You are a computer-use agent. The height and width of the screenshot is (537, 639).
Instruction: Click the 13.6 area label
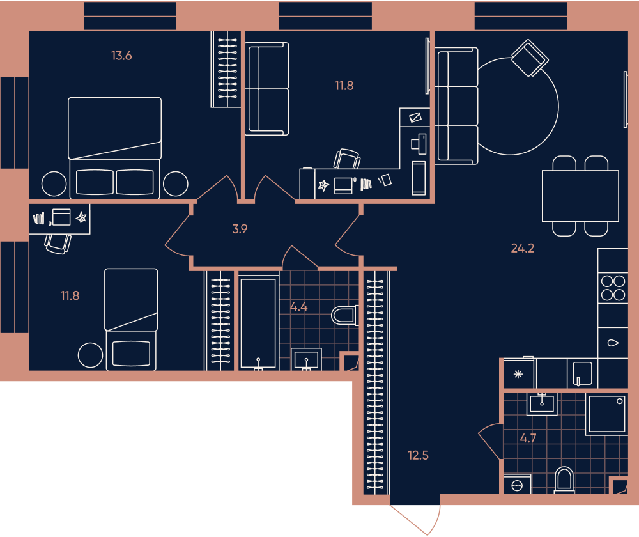click(121, 56)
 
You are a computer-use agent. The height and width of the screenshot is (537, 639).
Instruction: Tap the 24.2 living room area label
click(523, 248)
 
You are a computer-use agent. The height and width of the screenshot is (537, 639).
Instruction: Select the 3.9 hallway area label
click(240, 229)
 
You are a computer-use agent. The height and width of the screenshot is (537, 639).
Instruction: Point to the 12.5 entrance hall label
click(418, 455)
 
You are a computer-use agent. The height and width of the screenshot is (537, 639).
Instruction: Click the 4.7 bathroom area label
click(528, 439)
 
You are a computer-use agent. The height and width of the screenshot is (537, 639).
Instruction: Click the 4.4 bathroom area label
click(298, 307)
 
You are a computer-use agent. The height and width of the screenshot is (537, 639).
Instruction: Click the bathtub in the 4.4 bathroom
click(258, 323)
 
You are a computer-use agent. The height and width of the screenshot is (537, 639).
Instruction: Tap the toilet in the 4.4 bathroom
click(345, 315)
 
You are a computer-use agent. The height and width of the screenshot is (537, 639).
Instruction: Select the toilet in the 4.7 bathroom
click(564, 480)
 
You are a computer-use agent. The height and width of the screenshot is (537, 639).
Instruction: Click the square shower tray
click(606, 414)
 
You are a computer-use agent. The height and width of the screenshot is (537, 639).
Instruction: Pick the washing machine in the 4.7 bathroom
click(517, 484)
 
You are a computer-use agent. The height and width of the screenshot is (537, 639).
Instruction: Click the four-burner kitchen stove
click(613, 288)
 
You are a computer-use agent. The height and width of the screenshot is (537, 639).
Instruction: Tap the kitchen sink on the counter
click(583, 373)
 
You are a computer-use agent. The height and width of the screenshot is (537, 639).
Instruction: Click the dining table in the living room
click(580, 196)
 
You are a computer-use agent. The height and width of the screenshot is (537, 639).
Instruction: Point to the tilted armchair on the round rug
click(530, 58)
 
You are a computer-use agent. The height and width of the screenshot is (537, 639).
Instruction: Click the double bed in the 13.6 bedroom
click(114, 148)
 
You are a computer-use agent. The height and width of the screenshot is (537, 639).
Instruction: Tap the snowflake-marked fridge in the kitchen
click(518, 373)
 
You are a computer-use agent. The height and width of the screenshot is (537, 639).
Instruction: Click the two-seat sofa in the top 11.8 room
click(267, 89)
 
